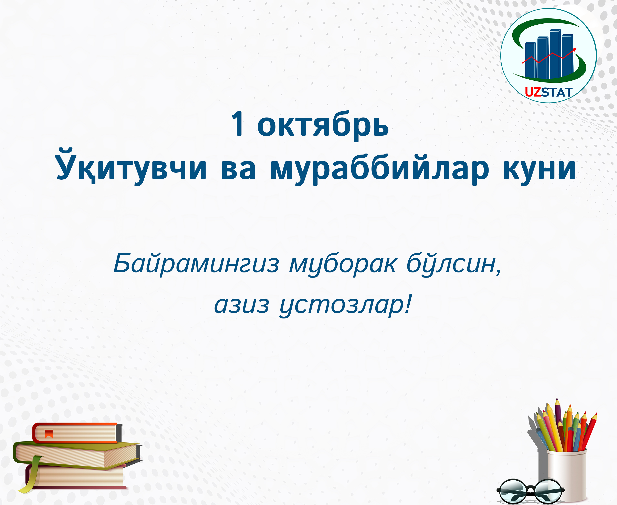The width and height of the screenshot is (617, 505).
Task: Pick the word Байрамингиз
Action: click(196, 263)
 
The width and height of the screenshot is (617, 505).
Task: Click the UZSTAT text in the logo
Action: click(548, 92)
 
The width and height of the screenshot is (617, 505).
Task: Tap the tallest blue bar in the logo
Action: click(555, 54)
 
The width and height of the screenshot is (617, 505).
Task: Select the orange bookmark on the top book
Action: click(49, 434)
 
